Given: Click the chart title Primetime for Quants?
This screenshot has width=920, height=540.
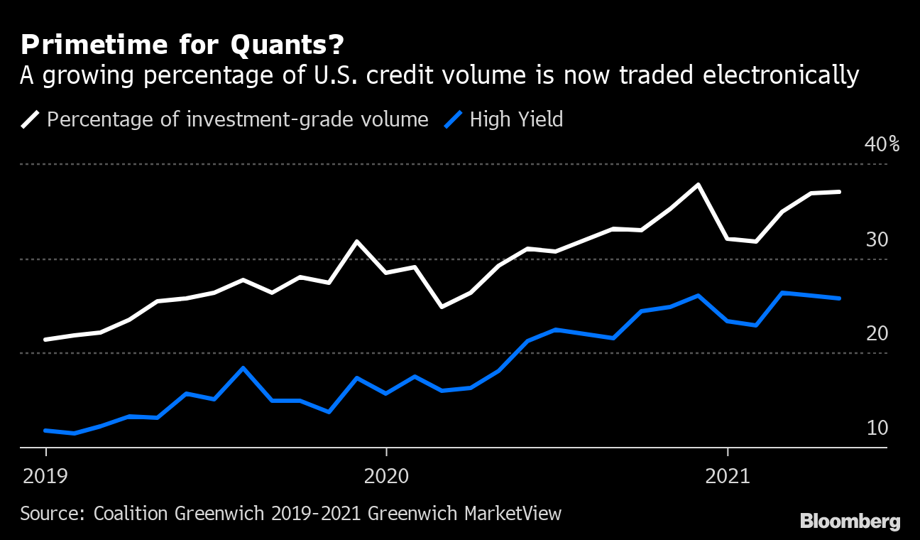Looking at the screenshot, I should tap(182, 45).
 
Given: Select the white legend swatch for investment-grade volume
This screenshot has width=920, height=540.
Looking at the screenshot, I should tap(30, 119).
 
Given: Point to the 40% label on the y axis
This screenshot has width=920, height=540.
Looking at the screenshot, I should tap(882, 144).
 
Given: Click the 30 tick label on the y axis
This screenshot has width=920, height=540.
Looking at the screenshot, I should tap(877, 239).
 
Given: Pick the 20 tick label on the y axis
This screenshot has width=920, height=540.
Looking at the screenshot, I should tap(877, 333).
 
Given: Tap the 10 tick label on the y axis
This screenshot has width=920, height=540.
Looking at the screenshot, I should tap(877, 428).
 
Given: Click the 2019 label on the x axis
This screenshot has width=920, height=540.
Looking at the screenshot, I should tap(45, 476).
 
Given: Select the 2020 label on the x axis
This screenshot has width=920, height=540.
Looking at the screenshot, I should tap(386, 476).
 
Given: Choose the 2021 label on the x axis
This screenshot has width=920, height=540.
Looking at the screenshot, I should tap(728, 476).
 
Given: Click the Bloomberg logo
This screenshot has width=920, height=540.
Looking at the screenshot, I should tap(850, 522).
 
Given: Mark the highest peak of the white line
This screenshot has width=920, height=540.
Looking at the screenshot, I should tap(699, 185).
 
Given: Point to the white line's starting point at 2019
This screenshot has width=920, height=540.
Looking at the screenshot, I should tap(45, 340).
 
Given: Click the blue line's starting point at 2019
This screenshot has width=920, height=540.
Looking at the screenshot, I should tap(45, 431).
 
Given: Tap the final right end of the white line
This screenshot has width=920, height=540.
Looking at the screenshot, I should tap(840, 192).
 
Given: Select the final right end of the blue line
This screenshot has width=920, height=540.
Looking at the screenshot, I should tap(840, 298).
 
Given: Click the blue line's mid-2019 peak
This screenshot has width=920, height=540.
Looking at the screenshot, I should tap(243, 368).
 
